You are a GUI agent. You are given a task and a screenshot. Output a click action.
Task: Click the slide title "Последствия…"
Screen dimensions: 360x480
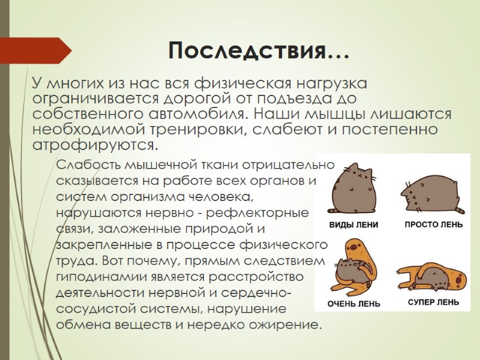tap(259, 50)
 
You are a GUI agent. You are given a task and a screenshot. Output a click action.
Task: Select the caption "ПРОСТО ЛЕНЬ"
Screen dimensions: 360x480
tap(433, 225)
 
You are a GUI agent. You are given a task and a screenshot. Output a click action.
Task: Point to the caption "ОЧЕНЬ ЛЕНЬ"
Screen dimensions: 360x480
tap(353, 304)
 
